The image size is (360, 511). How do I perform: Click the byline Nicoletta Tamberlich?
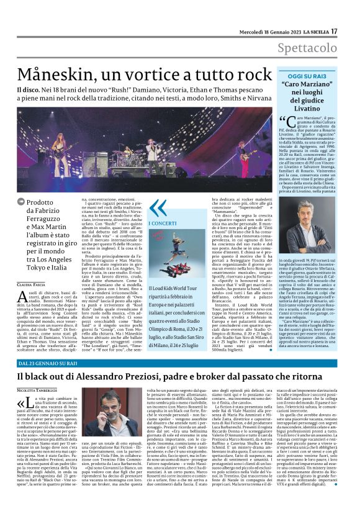pyautogui.click(x=38, y=390)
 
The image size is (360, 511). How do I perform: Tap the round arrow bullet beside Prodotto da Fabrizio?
pyautogui.click(x=22, y=202)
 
